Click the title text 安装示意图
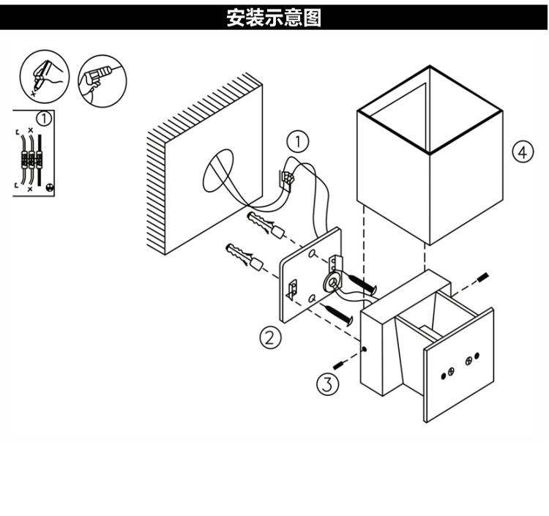pyautogui.click(x=274, y=17)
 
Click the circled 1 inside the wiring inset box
pyautogui.click(x=45, y=117)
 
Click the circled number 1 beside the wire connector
pyautogui.click(x=297, y=140)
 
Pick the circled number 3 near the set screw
pyautogui.click(x=327, y=383)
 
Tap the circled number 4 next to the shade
pyautogui.click(x=520, y=153)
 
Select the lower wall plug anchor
pyautogui.click(x=245, y=256)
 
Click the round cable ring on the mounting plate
pyautogui.click(x=332, y=281)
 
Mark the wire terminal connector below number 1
pyautogui.click(x=288, y=177)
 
